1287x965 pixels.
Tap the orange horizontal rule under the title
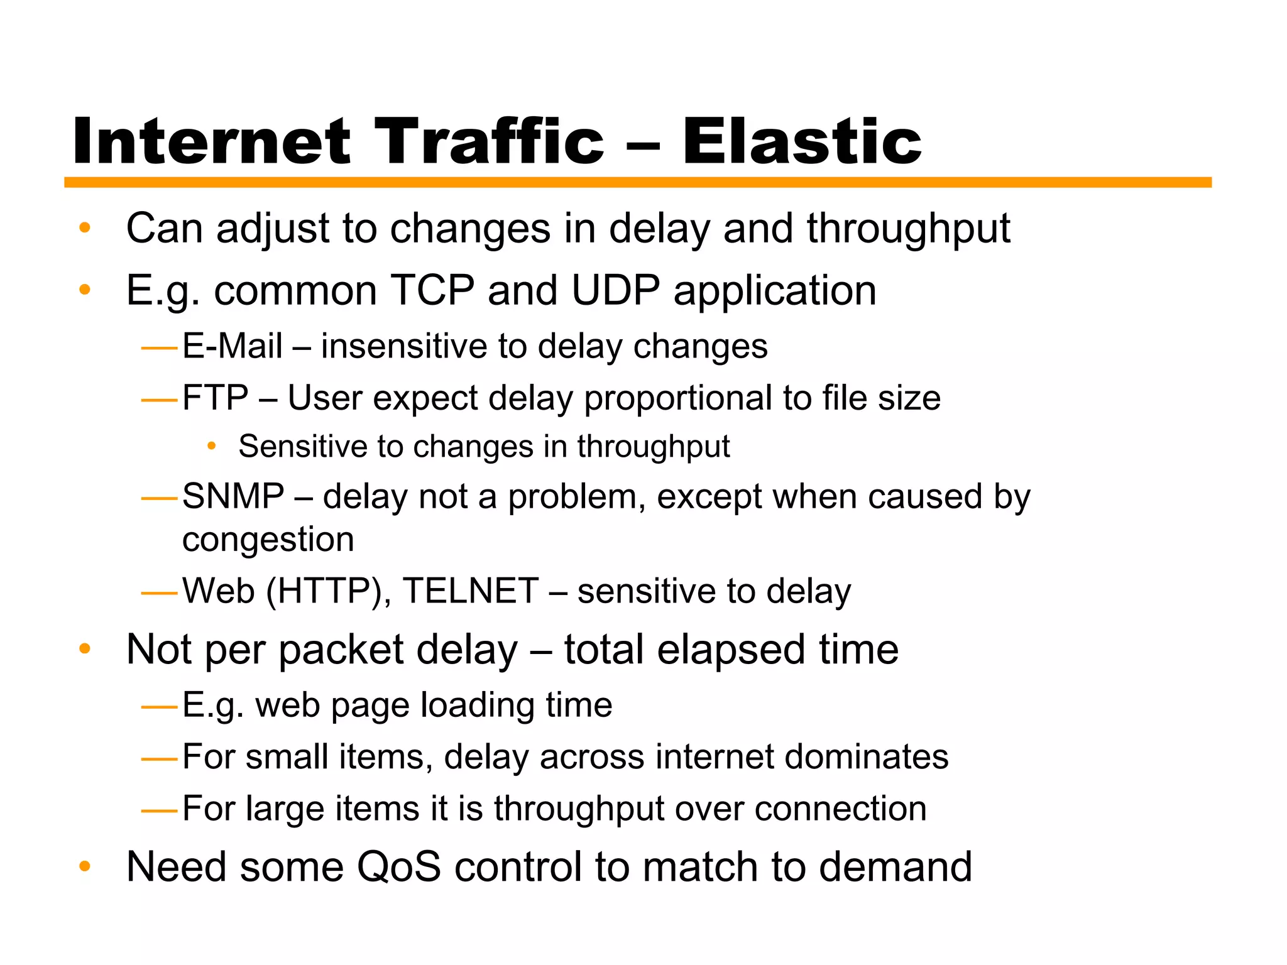pos(637,182)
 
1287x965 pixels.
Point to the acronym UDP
pos(615,290)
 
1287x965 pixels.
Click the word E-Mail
pos(232,346)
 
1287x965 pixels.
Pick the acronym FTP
pos(215,398)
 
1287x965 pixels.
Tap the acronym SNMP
pos(233,496)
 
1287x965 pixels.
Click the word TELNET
pos(471,591)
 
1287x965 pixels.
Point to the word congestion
pos(268,540)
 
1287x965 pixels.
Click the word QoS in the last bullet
pos(399,866)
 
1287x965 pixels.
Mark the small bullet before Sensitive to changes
pos(212,446)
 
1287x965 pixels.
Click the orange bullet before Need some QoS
pos(85,867)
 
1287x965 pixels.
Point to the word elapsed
pos(731,650)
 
